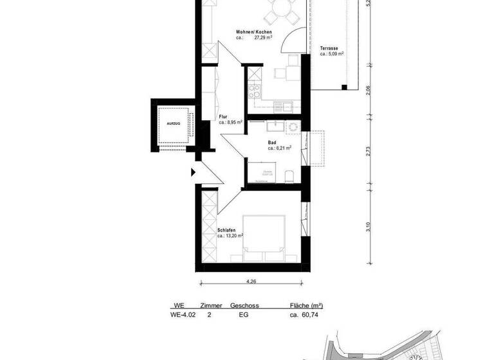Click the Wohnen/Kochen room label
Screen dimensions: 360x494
click(253, 32)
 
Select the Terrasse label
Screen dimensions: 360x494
click(331, 48)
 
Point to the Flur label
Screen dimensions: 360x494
click(223, 116)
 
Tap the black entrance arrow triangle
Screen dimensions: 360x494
click(193, 172)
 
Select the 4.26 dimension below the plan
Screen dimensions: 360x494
click(250, 280)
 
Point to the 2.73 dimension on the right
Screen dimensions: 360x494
click(368, 152)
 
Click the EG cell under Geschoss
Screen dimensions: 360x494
click(243, 316)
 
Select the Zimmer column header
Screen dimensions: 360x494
click(212, 306)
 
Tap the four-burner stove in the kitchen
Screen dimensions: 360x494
click(255, 89)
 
